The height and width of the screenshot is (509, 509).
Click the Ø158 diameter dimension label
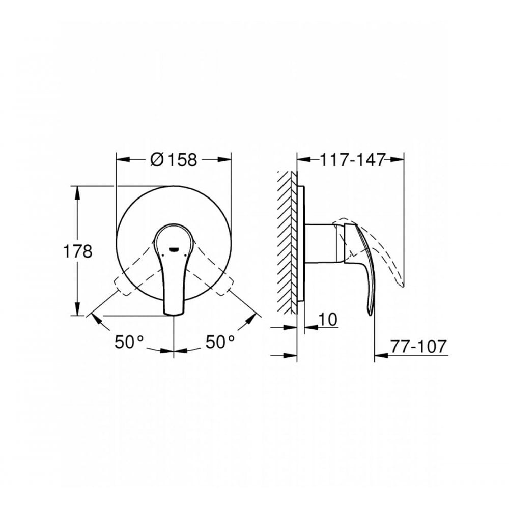pyautogui.click(x=174, y=160)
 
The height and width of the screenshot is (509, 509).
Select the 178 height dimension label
pyautogui.click(x=77, y=251)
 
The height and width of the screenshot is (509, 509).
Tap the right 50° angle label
pyautogui.click(x=220, y=342)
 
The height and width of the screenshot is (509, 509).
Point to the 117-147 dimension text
pyautogui.click(x=352, y=159)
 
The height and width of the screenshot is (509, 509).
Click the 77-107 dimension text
pyautogui.click(x=419, y=346)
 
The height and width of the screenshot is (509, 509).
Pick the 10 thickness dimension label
pyautogui.click(x=329, y=319)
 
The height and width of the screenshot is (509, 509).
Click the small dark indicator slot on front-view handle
pyautogui.click(x=174, y=250)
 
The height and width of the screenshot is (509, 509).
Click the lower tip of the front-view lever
pyautogui.click(x=174, y=312)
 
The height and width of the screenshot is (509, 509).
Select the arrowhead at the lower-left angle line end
pyautogui.click(x=93, y=316)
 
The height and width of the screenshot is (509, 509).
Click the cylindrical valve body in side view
pyautogui.click(x=321, y=244)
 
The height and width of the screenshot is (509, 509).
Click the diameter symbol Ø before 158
pyautogui.click(x=157, y=160)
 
